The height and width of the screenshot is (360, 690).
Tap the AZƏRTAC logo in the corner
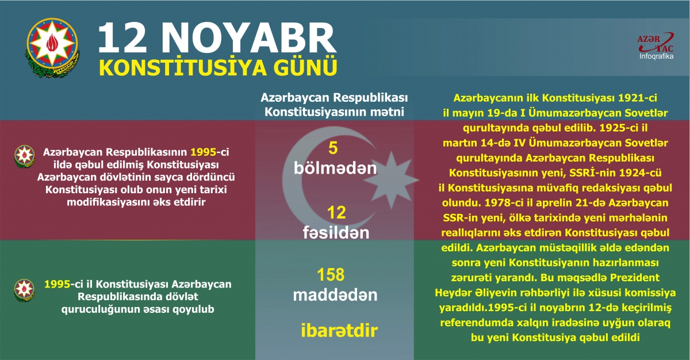[x=655, y=43]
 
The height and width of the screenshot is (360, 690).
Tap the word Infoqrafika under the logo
[x=657, y=56]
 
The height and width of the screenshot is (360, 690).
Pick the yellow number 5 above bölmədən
[x=333, y=148]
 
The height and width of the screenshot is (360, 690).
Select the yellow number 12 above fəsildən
[x=335, y=213]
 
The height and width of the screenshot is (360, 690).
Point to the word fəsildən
[x=335, y=233]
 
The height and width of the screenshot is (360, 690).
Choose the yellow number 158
[x=335, y=274]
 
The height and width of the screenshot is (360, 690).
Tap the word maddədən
[x=335, y=295]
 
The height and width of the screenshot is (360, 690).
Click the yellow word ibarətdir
[x=339, y=331]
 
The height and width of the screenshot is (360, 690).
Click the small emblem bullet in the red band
[x=24, y=154]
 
